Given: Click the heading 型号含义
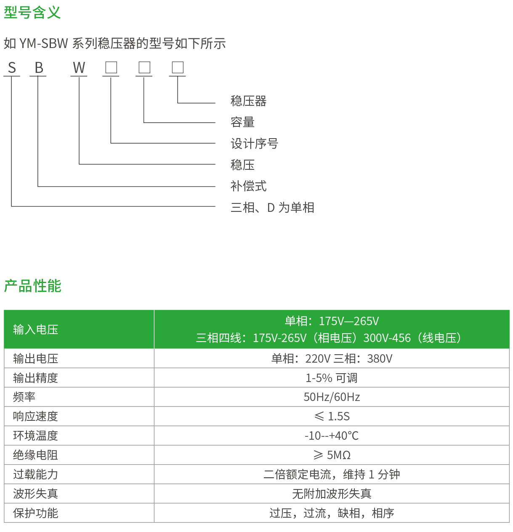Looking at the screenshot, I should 32,12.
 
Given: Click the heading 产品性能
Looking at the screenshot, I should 33,286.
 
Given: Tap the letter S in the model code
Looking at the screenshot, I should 12,68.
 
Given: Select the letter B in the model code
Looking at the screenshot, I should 39,68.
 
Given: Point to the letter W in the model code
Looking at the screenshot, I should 79,68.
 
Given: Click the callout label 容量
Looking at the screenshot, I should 242,122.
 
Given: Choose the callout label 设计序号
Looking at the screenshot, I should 254,144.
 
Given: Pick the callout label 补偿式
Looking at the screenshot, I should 248,186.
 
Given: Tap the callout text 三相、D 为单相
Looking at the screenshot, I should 272,207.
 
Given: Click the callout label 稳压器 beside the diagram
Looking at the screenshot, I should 248,101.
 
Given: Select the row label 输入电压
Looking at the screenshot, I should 35,329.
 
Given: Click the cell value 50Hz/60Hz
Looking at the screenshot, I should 332,397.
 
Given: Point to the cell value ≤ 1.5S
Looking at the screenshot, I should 332,416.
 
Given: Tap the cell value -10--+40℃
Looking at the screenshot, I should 332,436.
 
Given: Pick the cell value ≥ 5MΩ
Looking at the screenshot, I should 332,455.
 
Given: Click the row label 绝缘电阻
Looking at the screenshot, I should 35,455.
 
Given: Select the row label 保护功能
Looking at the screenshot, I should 35,513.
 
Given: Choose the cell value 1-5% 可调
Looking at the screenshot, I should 332,378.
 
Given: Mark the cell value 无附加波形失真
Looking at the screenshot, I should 332,494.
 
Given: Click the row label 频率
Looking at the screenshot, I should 24,397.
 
